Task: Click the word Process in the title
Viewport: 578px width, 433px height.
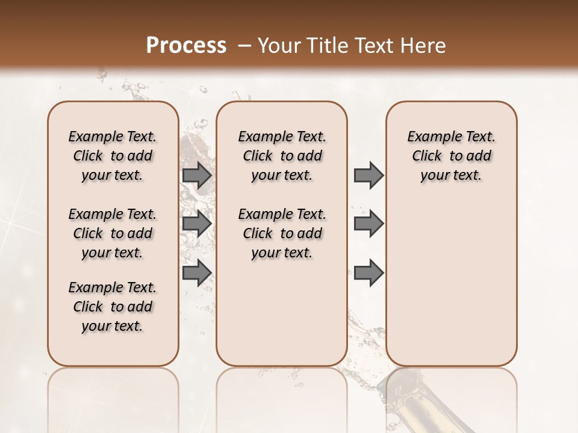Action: tap(186, 45)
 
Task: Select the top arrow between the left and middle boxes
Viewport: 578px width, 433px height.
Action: tap(197, 176)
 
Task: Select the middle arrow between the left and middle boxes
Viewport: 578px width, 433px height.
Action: tap(197, 224)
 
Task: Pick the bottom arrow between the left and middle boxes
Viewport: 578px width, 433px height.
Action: tap(197, 272)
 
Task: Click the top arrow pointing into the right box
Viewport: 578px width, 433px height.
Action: tap(368, 176)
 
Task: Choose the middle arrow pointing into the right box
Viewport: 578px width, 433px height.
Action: tap(368, 224)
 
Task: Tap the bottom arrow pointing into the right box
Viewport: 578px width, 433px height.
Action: tap(368, 272)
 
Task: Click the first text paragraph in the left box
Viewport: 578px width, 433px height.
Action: tap(113, 156)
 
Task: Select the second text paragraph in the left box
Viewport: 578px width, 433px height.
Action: tap(113, 233)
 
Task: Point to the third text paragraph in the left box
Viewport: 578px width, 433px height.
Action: tap(113, 307)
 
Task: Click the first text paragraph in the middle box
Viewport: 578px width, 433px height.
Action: tap(282, 156)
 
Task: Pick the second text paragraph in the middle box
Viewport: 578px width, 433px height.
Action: tap(282, 233)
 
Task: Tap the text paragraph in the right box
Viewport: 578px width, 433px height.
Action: tap(452, 156)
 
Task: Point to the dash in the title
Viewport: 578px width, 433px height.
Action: tap(244, 46)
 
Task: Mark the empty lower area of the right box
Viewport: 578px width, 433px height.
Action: tap(452, 283)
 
